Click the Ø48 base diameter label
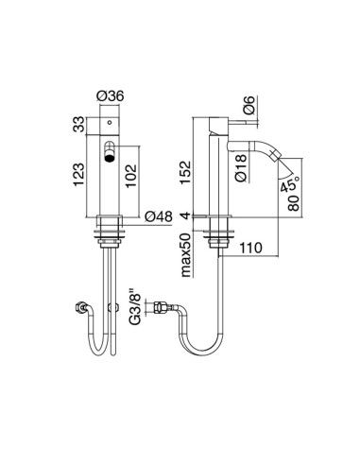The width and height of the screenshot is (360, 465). click(162, 216)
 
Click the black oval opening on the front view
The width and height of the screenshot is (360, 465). click(110, 154)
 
